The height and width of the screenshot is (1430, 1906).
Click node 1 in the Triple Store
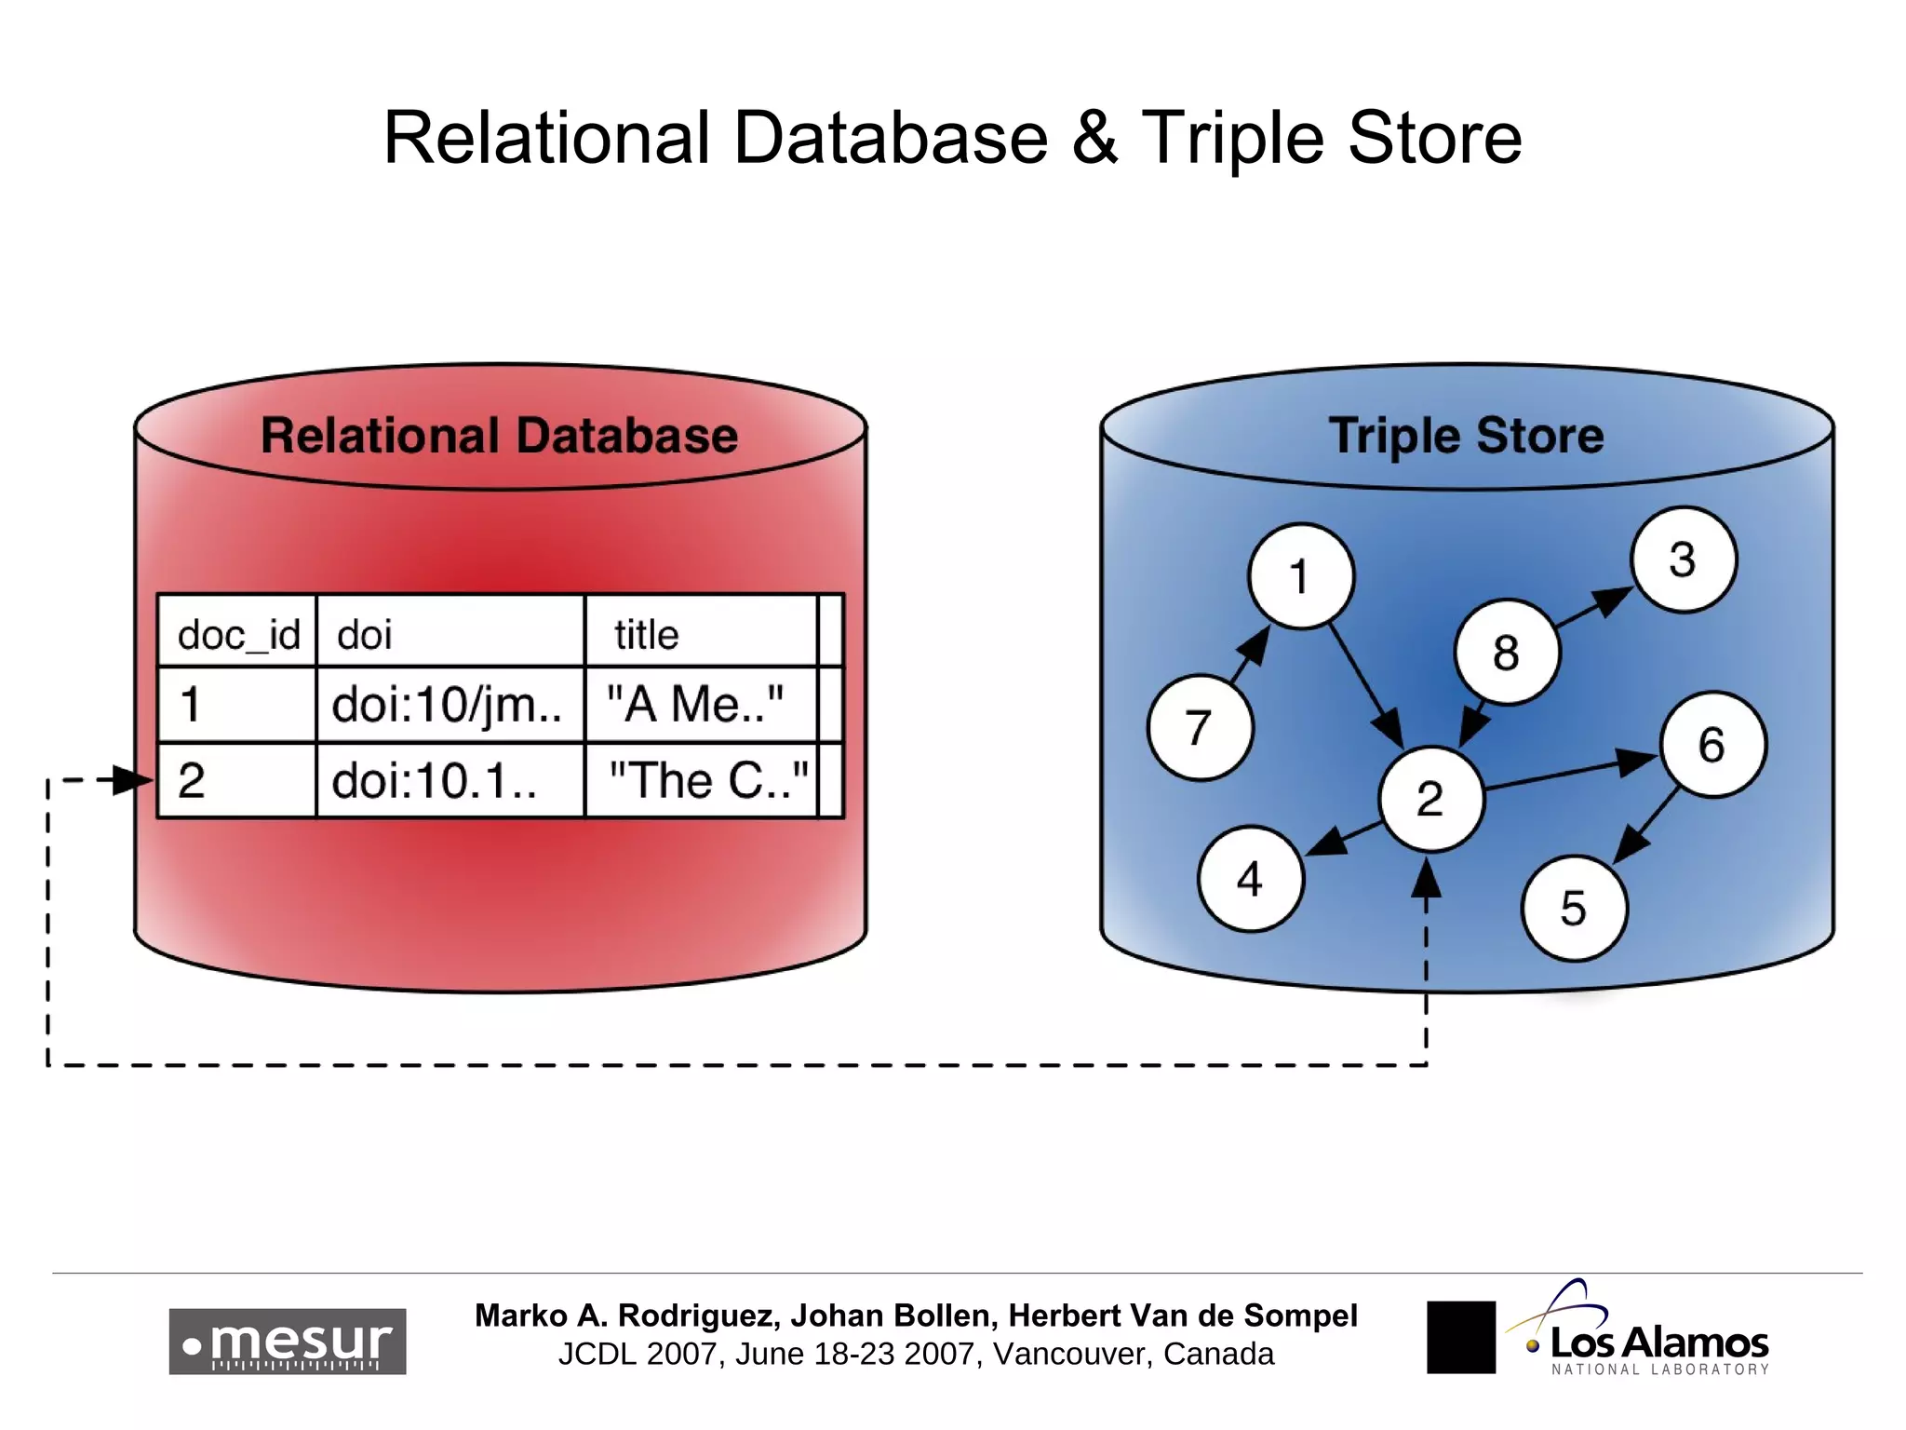coord(1300,576)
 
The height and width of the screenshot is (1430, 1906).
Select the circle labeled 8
coord(1507,652)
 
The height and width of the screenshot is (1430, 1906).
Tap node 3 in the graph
coord(1683,560)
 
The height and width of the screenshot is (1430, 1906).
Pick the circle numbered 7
coord(1200,727)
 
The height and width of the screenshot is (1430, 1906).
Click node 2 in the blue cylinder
coord(1430,799)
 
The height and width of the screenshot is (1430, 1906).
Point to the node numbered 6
coord(1712,744)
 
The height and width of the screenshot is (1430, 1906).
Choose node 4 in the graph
coord(1250,879)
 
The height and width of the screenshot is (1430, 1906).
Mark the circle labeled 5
coord(1574,908)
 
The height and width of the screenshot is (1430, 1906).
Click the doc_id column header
coord(238,635)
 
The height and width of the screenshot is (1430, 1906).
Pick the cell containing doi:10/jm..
coord(448,705)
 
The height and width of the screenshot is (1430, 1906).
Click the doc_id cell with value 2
coord(236,780)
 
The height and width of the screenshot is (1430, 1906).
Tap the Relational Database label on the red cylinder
coord(499,436)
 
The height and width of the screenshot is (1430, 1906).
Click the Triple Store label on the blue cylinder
coord(1466,436)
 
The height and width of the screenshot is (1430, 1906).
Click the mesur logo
coord(287,1342)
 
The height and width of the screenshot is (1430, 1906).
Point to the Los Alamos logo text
coord(1658,1343)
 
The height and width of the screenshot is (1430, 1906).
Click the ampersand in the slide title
coord(1094,138)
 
